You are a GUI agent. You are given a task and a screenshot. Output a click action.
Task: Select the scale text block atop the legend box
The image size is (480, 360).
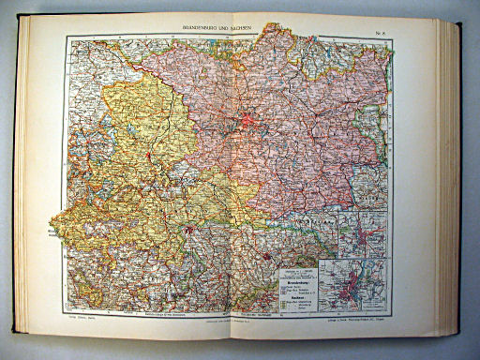coord(293,270)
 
